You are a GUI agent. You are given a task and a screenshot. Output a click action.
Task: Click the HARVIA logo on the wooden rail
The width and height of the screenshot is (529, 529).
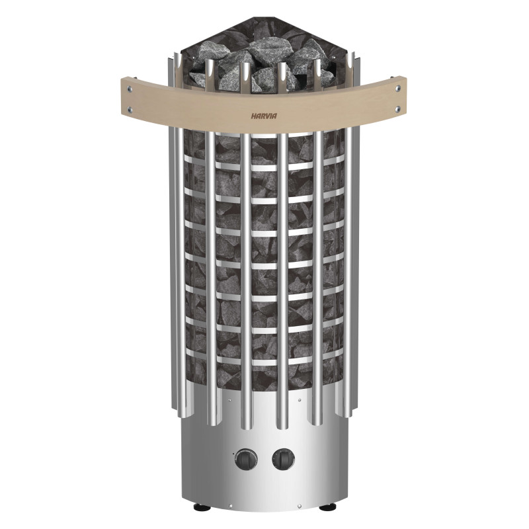[264, 114]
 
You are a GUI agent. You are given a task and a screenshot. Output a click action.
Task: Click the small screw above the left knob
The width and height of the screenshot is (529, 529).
[229, 401]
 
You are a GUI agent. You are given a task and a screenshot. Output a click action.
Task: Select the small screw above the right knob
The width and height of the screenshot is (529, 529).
[299, 401]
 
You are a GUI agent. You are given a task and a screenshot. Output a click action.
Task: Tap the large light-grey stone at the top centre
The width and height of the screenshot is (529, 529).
[264, 50]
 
